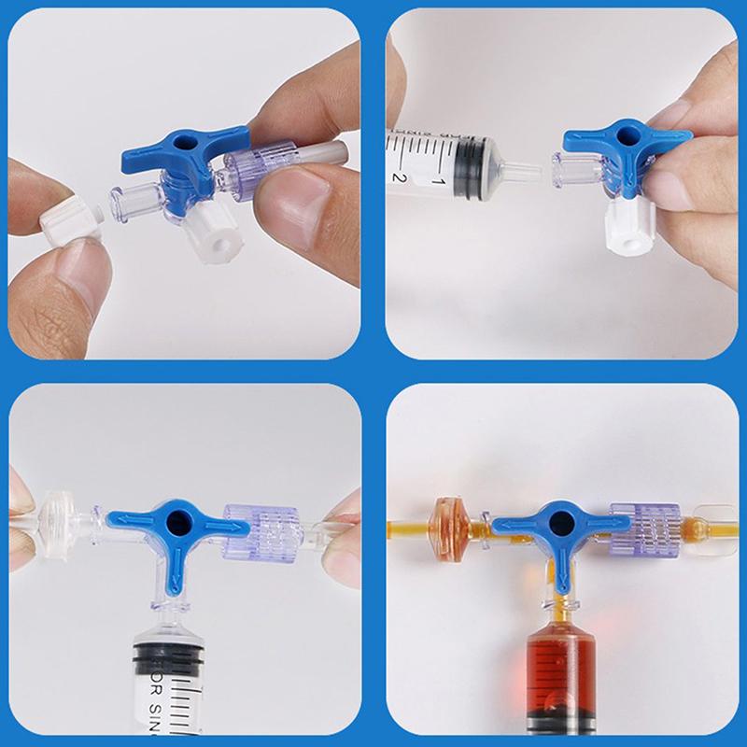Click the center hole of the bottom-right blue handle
pos(561,516)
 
